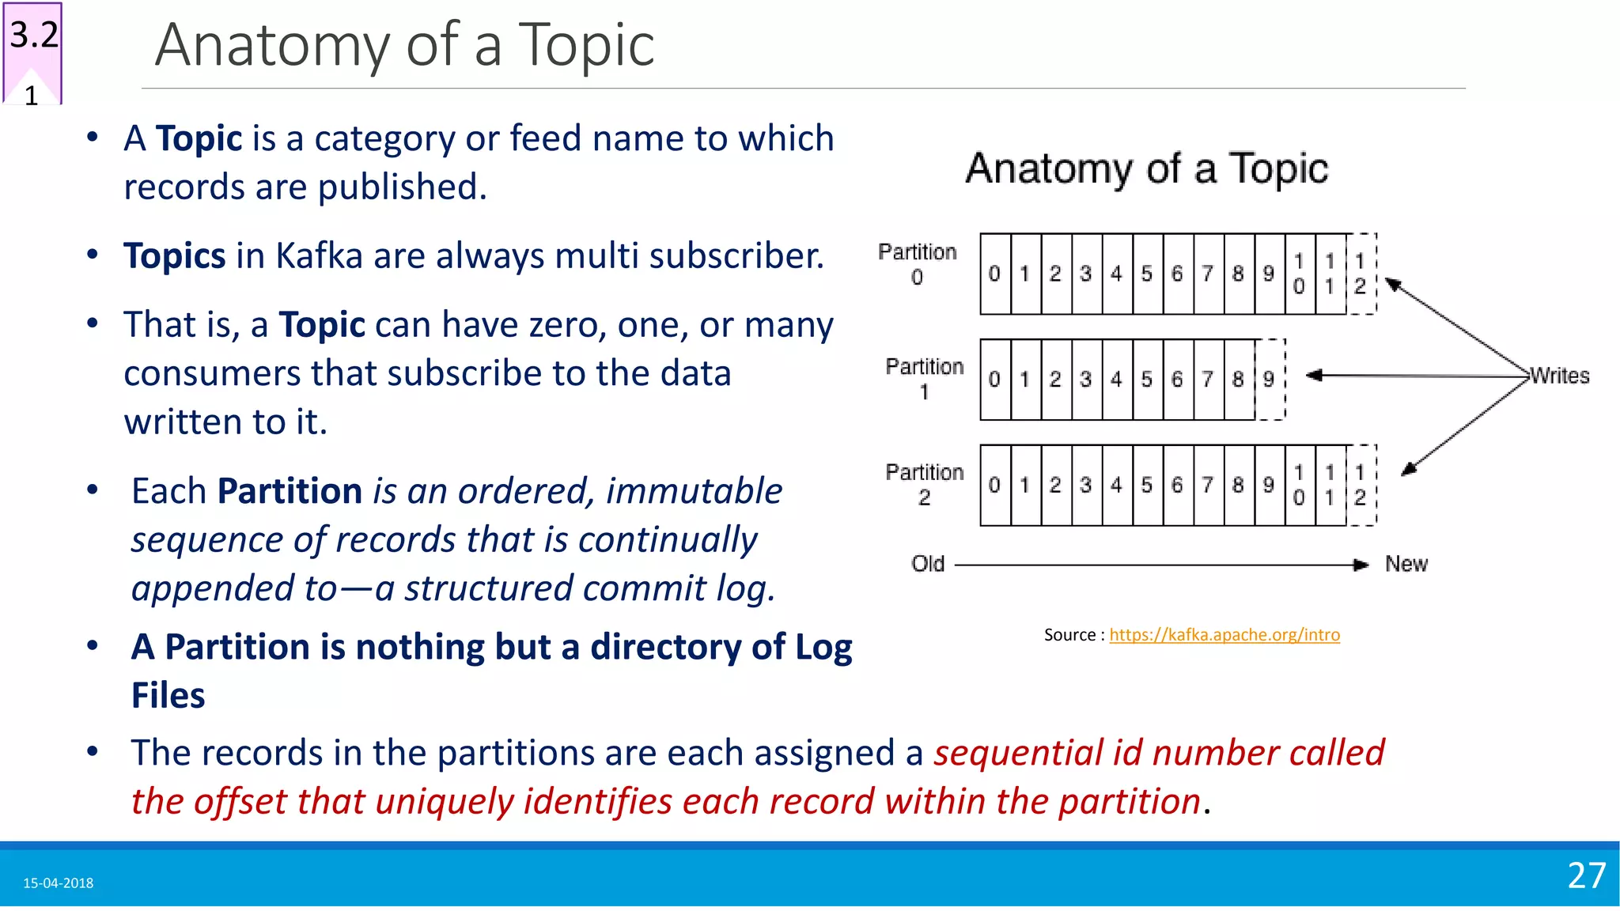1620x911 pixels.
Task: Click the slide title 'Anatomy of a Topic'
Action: [404, 45]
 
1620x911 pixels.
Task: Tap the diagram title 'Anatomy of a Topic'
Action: [1146, 168]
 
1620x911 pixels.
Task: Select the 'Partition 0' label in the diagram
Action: [918, 264]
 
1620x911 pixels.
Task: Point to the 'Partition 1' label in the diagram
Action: [925, 379]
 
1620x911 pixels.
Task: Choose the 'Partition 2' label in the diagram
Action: [925, 484]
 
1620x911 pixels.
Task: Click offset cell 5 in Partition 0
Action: [1146, 274]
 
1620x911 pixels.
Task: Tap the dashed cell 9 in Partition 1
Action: [1269, 380]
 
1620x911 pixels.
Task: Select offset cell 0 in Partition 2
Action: [994, 485]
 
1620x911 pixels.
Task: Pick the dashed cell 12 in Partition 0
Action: [1360, 274]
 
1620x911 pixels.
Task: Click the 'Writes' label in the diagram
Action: [1560, 376]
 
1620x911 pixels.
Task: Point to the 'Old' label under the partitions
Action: [928, 564]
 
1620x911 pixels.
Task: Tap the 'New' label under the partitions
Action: [1406, 564]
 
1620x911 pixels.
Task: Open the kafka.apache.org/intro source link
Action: [1224, 635]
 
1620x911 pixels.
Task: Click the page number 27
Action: [1586, 875]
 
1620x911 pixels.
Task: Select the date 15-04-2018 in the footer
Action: [59, 883]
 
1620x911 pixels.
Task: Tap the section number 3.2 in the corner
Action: [34, 36]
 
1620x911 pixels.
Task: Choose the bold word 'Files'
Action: [168, 696]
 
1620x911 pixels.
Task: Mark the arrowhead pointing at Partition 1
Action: [1314, 376]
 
